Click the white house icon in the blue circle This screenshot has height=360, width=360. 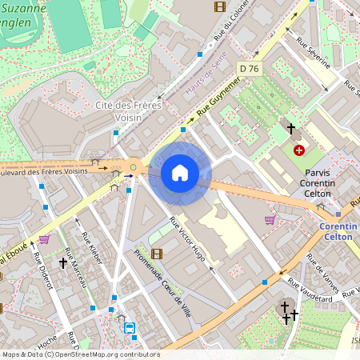[180, 173]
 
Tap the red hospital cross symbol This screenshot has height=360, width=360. [299, 150]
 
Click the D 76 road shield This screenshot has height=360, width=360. [250, 69]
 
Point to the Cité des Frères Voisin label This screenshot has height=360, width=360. [129, 111]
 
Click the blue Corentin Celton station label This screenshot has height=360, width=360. [338, 232]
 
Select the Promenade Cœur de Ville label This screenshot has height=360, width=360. [164, 276]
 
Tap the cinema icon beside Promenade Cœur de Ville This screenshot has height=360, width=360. [156, 254]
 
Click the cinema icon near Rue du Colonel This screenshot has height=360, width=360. [220, 6]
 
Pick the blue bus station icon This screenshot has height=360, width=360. [130, 328]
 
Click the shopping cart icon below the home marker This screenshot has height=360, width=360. [270, 219]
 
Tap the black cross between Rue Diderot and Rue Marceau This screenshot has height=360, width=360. [63, 262]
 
